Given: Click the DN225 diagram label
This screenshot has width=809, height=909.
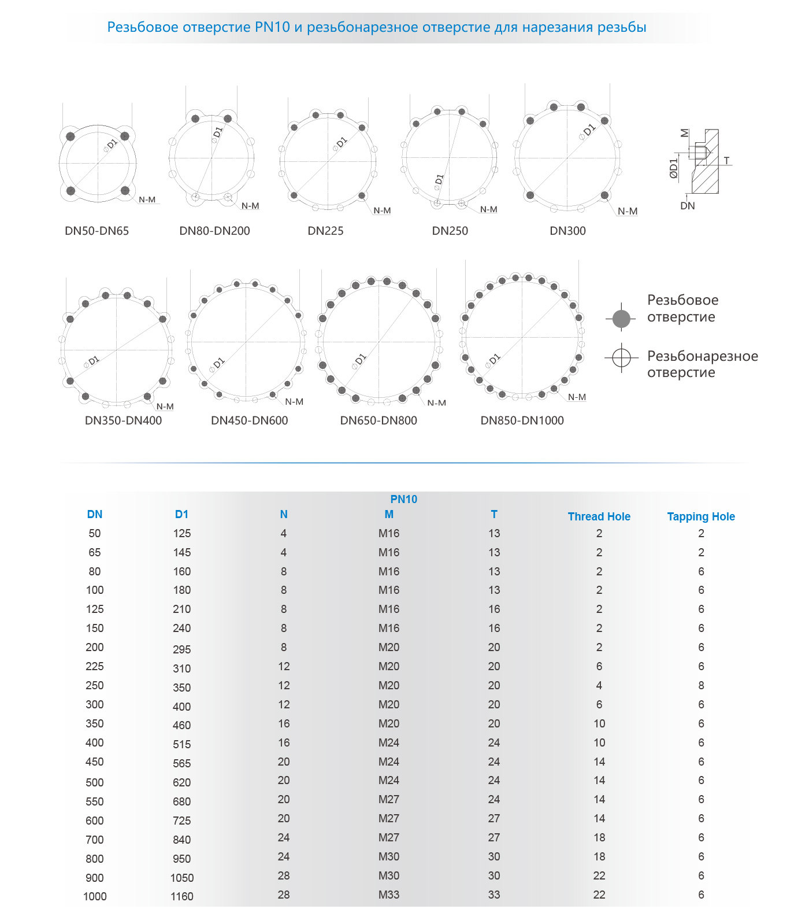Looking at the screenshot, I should point(325,231).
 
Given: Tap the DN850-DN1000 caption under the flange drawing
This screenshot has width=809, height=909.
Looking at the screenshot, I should point(522,420).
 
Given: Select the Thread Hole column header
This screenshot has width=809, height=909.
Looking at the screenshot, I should point(599,516).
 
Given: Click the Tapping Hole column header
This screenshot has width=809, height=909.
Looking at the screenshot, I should point(700,516).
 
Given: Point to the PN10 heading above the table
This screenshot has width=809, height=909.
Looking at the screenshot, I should point(403,499).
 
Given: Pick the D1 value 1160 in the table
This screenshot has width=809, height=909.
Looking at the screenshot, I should point(181,896).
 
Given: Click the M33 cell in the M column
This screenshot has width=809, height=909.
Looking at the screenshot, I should point(388,895).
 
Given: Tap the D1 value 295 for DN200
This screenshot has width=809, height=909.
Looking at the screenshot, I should point(181,649).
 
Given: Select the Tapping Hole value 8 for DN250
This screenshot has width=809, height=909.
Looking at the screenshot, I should point(701,685).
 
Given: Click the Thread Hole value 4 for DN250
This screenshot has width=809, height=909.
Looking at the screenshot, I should point(599,685).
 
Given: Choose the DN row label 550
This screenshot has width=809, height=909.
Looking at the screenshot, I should point(95,801).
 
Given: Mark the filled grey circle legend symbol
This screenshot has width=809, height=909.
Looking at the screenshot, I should point(621,318).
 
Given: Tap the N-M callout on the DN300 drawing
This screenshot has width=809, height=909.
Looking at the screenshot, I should point(628,212).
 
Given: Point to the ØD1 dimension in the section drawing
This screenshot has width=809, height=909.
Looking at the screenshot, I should point(673,168).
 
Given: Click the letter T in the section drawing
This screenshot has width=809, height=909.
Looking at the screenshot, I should point(726,161).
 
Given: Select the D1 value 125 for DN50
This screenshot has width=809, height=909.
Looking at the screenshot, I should point(181,533).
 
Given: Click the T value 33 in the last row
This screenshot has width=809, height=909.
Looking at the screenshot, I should point(493,895).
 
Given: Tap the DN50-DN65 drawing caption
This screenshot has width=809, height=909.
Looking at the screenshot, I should point(97,231).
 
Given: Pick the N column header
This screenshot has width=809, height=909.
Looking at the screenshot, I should point(283,514).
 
